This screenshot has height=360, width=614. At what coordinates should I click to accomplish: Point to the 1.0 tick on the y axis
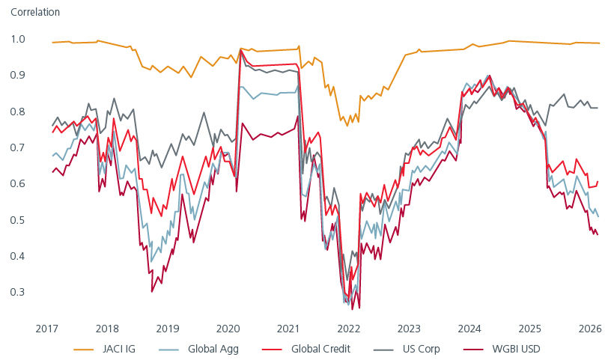18,39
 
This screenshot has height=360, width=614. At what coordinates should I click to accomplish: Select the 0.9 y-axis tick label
18,75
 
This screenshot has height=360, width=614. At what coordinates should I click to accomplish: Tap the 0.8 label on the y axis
18,112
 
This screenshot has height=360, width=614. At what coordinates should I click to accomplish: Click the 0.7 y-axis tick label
18,147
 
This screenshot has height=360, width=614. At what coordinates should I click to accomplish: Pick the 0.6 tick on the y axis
18,183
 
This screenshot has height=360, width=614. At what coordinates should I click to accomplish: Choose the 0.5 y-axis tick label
18,220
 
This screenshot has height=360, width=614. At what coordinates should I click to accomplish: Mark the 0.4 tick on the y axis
18,256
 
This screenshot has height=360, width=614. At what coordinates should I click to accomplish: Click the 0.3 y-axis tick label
18,292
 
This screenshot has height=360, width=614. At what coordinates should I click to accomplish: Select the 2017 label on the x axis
46,328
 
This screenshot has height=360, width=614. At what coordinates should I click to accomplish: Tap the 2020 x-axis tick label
228,328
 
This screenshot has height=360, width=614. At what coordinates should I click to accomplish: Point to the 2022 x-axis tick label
348,328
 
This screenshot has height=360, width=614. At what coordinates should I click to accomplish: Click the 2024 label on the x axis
469,328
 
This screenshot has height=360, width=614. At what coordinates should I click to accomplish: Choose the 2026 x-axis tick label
590,328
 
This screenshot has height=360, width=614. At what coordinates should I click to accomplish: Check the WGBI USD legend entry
512,348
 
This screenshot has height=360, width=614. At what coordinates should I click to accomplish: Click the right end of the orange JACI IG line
599,43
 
